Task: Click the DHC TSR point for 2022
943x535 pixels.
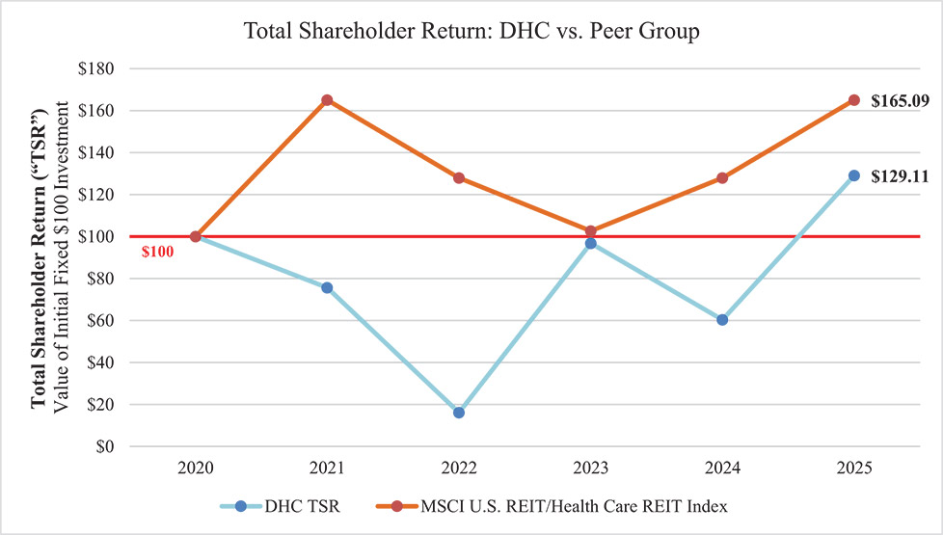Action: tap(458, 413)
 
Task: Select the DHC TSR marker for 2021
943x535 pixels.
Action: tap(327, 287)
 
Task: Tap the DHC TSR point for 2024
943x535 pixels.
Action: tap(722, 320)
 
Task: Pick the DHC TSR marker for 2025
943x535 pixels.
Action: tap(853, 175)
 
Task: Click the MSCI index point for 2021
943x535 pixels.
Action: tap(327, 100)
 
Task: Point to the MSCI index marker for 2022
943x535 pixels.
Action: tap(458, 177)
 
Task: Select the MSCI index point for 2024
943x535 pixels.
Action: tap(722, 177)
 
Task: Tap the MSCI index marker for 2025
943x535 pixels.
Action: tap(853, 100)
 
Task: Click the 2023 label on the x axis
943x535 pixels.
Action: tap(590, 468)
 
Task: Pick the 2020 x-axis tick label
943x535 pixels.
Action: tap(195, 468)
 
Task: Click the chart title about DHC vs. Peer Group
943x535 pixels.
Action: tap(471, 31)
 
